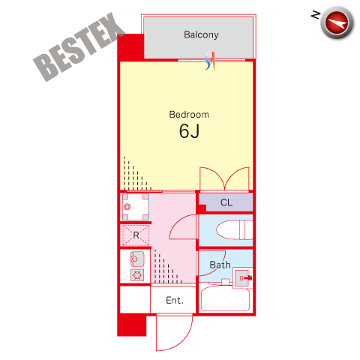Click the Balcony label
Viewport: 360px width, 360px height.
(x=201, y=34)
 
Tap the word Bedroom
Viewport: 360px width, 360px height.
(x=189, y=115)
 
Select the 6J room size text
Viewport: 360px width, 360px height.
(x=189, y=131)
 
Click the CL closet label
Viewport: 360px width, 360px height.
(x=226, y=202)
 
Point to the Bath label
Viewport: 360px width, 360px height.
(x=220, y=265)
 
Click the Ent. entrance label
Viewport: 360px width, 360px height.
(x=175, y=300)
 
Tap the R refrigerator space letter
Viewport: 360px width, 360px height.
(x=136, y=235)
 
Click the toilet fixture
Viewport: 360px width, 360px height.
(x=235, y=229)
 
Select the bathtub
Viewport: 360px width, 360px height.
(x=225, y=298)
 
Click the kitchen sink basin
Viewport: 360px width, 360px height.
(x=137, y=259)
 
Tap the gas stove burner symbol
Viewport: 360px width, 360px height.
(x=137, y=275)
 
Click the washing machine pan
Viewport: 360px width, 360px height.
(x=135, y=207)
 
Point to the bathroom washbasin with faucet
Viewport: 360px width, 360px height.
(x=242, y=277)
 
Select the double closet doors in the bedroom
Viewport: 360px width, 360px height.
(x=224, y=178)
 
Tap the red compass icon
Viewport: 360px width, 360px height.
(x=337, y=22)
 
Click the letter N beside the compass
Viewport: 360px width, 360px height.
(x=316, y=15)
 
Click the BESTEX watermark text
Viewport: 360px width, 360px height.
(x=79, y=46)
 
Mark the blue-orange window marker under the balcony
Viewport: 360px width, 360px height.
(x=210, y=61)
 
